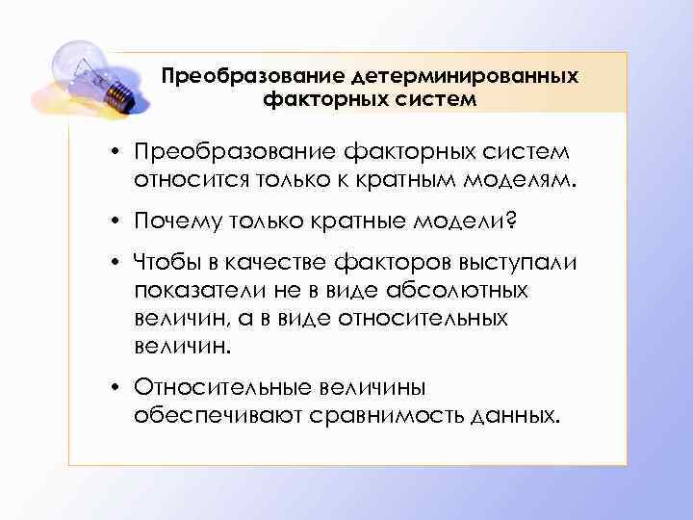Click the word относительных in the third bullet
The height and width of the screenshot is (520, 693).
[433, 318]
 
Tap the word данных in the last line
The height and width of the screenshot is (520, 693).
[512, 415]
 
